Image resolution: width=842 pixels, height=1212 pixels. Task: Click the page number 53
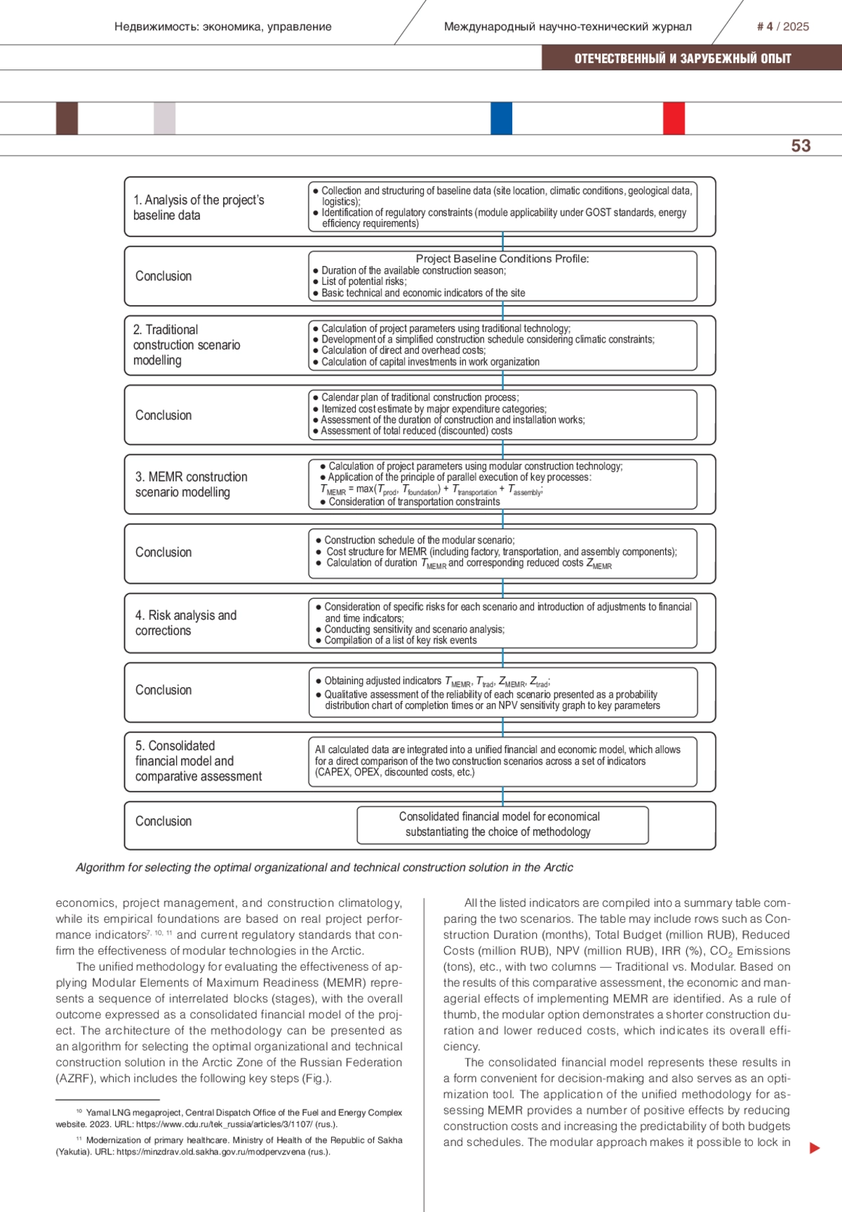(x=801, y=146)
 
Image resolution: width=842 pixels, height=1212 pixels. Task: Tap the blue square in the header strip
(x=501, y=118)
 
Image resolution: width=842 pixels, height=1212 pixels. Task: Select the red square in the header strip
(x=674, y=118)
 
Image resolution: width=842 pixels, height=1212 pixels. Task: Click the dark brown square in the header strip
(x=67, y=118)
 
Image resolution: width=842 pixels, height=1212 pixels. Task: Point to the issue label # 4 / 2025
(x=782, y=27)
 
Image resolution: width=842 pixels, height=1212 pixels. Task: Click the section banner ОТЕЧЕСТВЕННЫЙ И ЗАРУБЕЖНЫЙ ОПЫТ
(x=682, y=59)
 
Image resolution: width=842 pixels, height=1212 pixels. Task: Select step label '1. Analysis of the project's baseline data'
(x=199, y=208)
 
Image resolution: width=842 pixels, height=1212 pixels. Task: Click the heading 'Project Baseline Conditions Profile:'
(x=502, y=259)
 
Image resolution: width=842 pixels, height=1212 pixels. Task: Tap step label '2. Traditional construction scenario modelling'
(x=187, y=345)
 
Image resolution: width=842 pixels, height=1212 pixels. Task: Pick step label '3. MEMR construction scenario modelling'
(x=191, y=484)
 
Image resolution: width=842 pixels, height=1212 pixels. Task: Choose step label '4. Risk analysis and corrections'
(x=185, y=622)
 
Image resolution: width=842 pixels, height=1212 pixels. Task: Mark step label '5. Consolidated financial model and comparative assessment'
(x=198, y=761)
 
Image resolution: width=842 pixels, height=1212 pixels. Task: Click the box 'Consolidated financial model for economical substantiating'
(x=499, y=825)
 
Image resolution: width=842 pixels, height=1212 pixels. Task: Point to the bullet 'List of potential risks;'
(x=363, y=281)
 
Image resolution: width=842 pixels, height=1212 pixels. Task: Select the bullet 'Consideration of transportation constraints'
(x=414, y=502)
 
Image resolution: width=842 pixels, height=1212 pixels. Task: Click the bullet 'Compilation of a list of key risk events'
(x=400, y=640)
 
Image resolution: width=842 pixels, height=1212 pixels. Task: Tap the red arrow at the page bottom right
(x=814, y=1148)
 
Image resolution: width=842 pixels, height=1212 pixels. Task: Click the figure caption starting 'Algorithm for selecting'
(x=324, y=867)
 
